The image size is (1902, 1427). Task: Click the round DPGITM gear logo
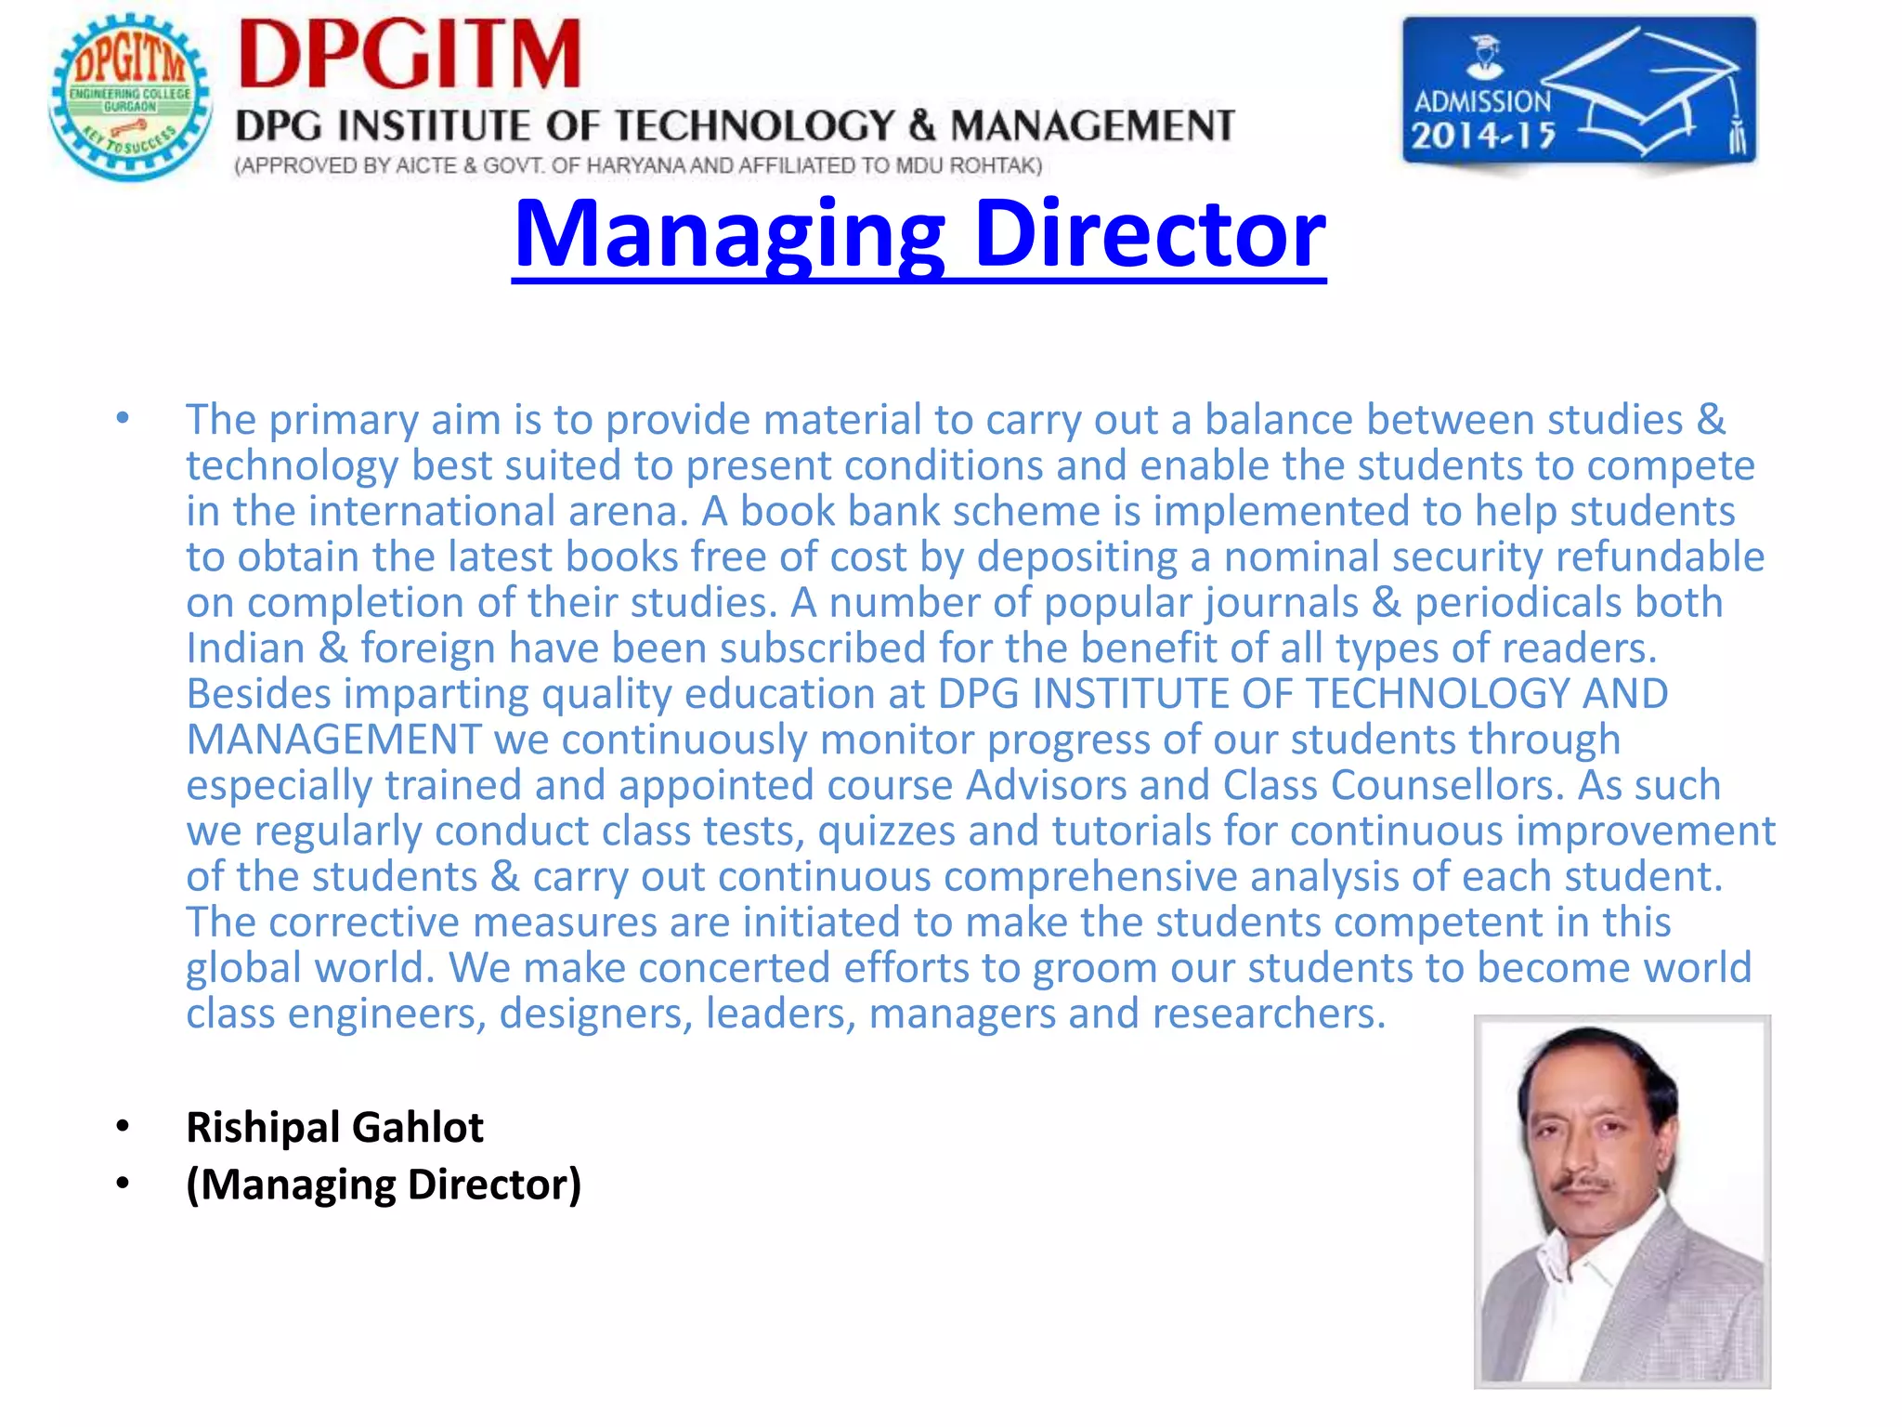click(x=130, y=98)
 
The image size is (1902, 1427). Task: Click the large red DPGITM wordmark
click(x=410, y=55)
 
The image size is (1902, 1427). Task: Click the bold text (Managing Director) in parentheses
click(x=384, y=1185)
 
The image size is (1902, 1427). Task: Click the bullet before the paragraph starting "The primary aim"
click(x=123, y=419)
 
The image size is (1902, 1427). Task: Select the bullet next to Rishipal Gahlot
click(x=123, y=1127)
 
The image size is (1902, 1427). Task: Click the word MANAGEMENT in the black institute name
click(x=1092, y=126)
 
